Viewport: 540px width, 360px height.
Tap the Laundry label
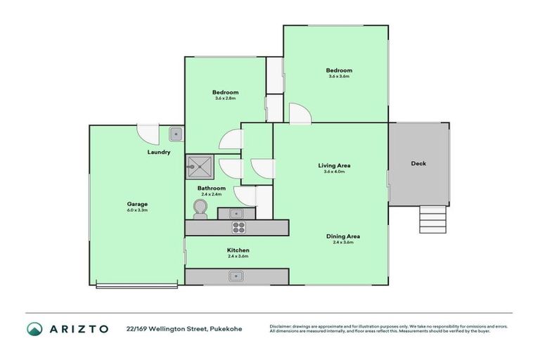[x=158, y=152]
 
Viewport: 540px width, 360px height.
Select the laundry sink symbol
[x=176, y=134]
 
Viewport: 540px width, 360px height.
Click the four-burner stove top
[x=238, y=227]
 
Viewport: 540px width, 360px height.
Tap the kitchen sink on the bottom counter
[x=237, y=276]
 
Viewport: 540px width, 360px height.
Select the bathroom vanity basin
[x=236, y=212]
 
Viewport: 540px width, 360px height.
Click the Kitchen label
[x=238, y=250]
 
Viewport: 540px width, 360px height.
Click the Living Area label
[x=333, y=165]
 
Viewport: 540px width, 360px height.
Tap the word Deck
[x=418, y=164]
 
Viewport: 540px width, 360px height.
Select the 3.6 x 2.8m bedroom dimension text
[x=226, y=98]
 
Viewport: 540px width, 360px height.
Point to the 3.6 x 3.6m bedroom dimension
[x=338, y=76]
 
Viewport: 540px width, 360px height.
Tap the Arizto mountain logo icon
[x=34, y=328]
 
